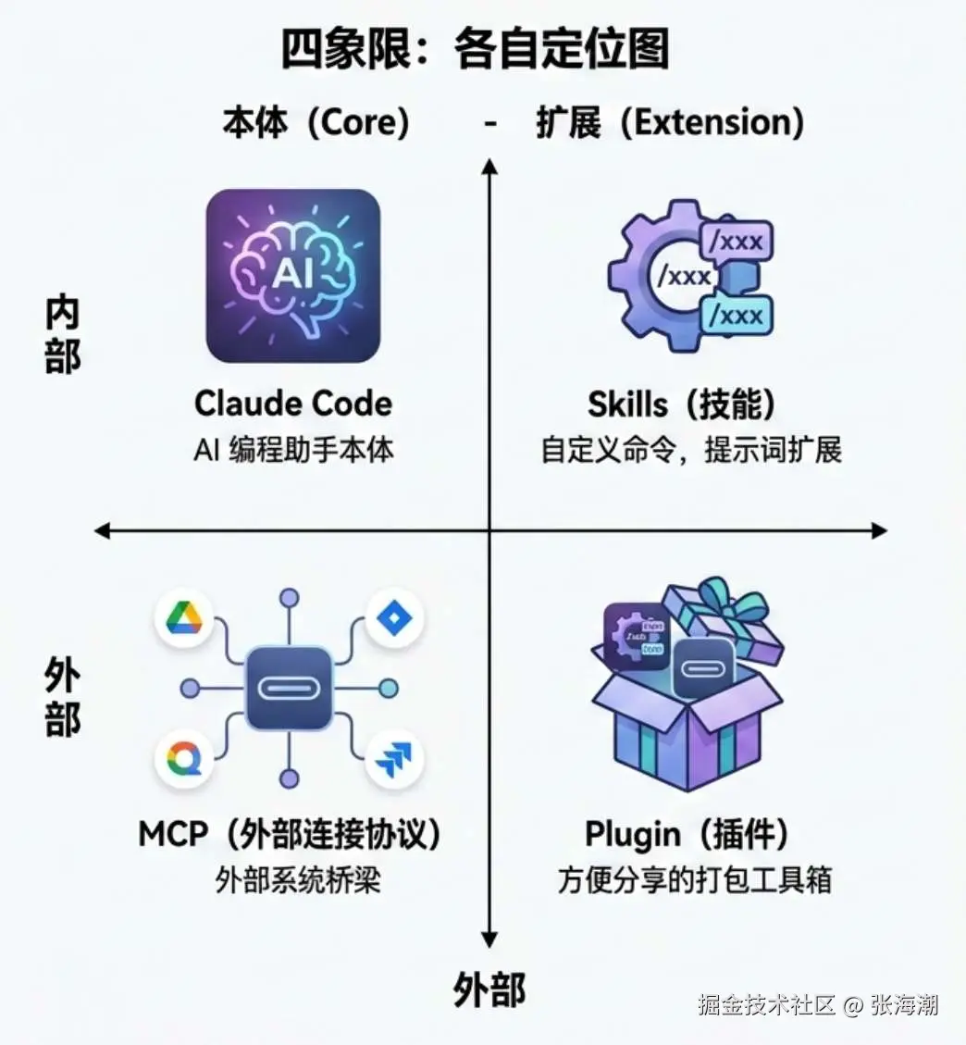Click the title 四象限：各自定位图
475,50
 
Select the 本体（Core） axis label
316,122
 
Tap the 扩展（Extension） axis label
670,122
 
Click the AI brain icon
292,275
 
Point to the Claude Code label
292,404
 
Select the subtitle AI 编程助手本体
293,450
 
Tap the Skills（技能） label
682,404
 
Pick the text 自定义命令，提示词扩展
691,450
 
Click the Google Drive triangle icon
184,618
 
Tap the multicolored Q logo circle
184,760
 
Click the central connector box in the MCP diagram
289,689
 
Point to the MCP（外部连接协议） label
289,834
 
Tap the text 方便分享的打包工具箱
694,879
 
